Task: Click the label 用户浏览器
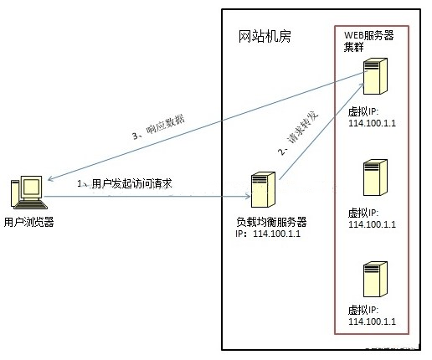pos(28,222)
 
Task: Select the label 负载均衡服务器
pos(271,222)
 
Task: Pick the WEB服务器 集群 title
pos(369,40)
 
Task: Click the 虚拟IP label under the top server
pos(363,112)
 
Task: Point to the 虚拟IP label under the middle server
pos(363,213)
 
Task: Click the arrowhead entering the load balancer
pos(248,198)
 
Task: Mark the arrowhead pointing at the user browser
pos(51,177)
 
